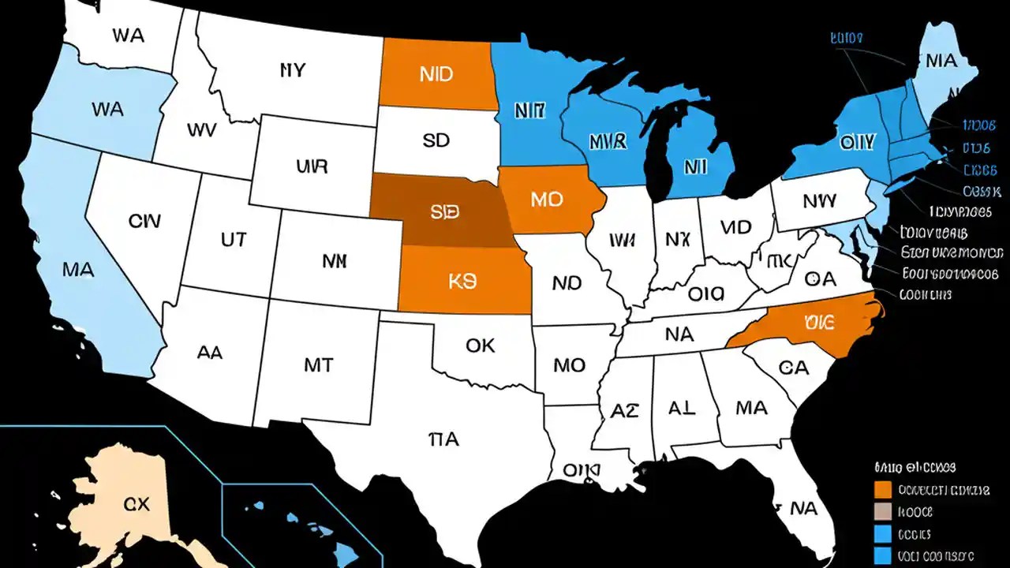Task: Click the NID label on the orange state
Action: tap(436, 74)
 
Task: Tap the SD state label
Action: tap(436, 140)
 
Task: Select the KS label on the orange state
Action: tap(462, 282)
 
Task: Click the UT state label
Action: tap(234, 240)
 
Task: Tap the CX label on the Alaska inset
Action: tap(137, 504)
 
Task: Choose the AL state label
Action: tap(682, 408)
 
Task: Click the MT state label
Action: tap(318, 364)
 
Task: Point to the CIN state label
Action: tap(145, 220)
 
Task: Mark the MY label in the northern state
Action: tap(292, 70)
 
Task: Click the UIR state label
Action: tap(312, 167)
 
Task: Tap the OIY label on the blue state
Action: tap(857, 143)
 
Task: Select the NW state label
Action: tap(819, 201)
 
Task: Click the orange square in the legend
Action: tap(884, 490)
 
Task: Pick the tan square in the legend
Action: tap(884, 511)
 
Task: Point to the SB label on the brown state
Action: tap(445, 212)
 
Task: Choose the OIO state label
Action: tap(705, 294)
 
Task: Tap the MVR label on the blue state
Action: tap(608, 142)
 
